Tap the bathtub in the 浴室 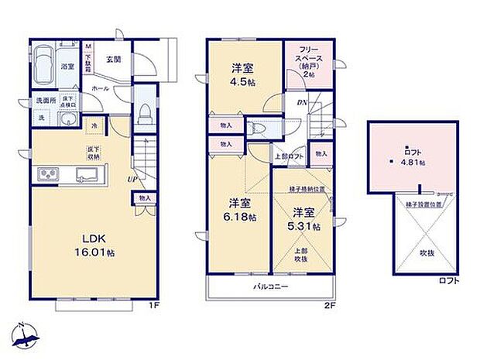(44, 62)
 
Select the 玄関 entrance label (113, 59)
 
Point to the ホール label (101, 89)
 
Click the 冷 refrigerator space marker (93, 126)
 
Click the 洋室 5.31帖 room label (302, 218)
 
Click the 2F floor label (328, 305)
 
